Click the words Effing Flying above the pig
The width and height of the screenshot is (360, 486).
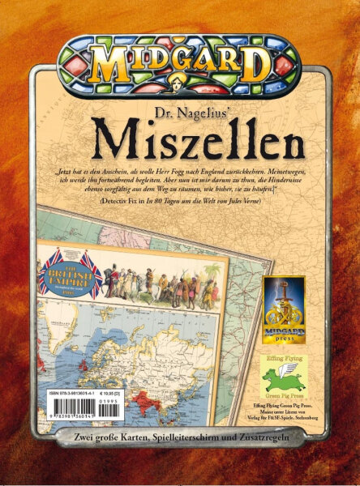(284, 355)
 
